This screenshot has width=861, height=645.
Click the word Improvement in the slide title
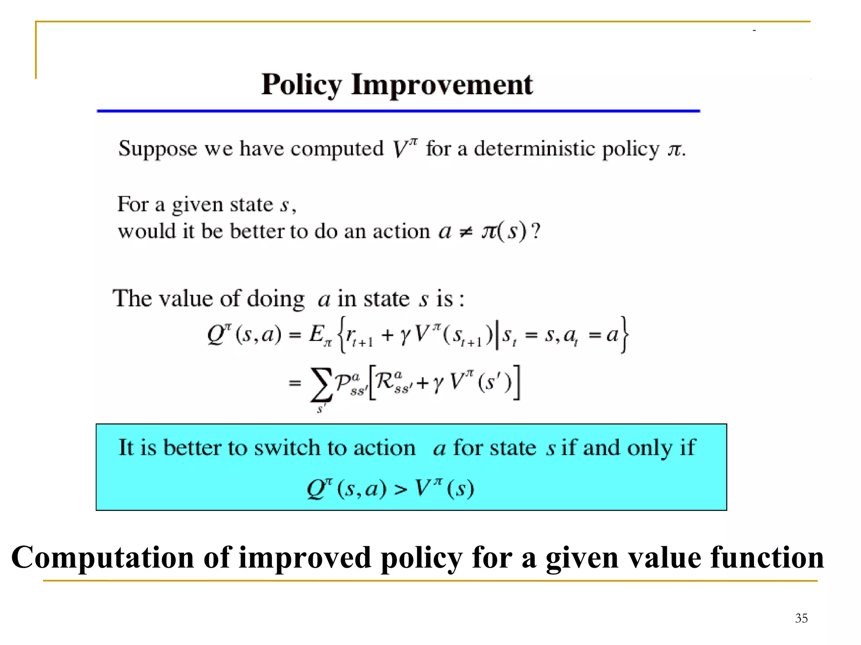(x=442, y=85)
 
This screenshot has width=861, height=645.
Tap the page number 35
(x=801, y=618)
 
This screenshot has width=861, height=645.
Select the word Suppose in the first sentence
(x=158, y=149)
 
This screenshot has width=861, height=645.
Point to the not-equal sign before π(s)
(x=466, y=232)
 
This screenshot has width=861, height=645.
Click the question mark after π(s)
(x=536, y=231)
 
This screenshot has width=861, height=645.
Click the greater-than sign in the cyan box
(x=401, y=489)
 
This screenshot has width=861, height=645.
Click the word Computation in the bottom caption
(x=103, y=558)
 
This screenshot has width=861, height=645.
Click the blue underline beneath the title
(x=398, y=111)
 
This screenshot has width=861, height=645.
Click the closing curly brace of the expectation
(x=625, y=335)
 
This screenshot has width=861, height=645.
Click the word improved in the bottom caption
(x=305, y=558)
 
